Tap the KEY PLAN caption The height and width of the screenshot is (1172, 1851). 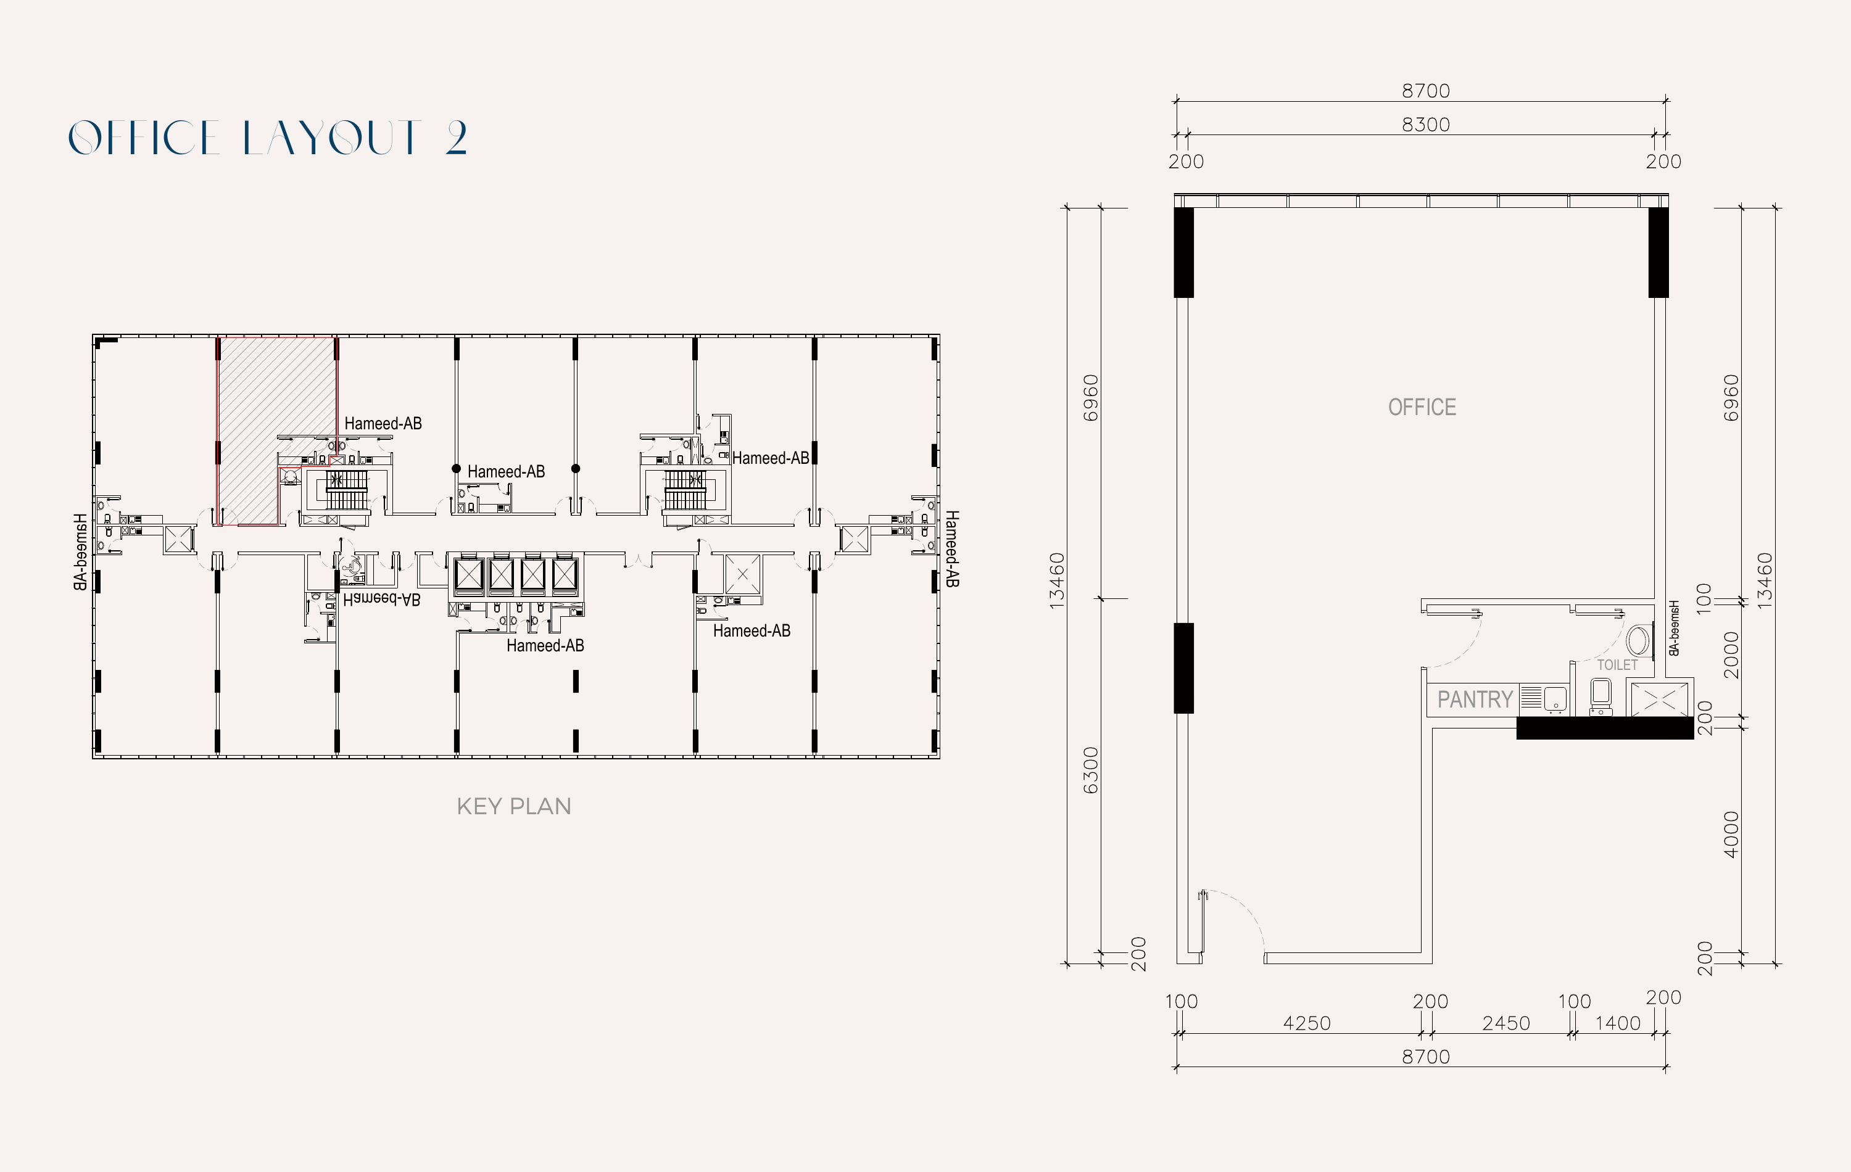[x=513, y=806]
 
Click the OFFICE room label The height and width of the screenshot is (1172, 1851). [x=1422, y=407]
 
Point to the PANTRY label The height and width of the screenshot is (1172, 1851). [x=1475, y=699]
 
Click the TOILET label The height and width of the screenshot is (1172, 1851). [x=1617, y=665]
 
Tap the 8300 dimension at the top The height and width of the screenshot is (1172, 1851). [x=1425, y=125]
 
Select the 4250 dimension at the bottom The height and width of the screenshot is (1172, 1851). [x=1306, y=1023]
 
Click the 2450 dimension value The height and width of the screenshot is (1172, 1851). [x=1505, y=1023]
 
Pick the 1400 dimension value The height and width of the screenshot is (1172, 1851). [x=1617, y=1023]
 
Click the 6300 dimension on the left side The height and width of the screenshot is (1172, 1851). [x=1090, y=770]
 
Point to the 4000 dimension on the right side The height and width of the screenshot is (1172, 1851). [x=1730, y=834]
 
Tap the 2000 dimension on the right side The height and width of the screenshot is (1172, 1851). [x=1730, y=655]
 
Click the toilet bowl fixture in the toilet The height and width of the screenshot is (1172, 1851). [x=1601, y=694]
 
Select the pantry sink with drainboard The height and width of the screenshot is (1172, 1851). [x=1544, y=698]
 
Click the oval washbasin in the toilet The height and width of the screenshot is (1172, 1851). [x=1639, y=640]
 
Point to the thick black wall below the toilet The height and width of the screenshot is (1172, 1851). [x=1604, y=728]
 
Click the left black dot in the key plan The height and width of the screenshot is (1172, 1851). [x=456, y=468]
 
